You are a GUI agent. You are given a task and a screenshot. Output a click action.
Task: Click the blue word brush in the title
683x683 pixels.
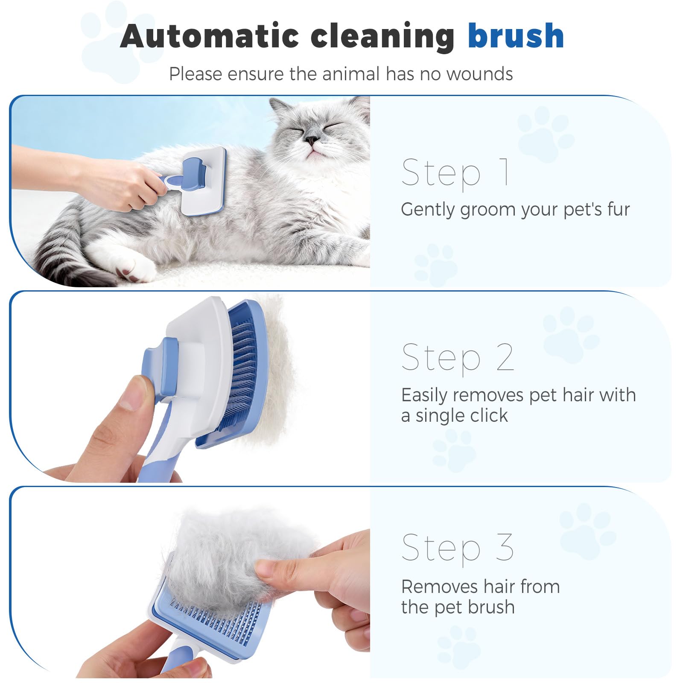click(x=516, y=36)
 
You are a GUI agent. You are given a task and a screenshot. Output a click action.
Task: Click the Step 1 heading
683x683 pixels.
click(x=455, y=172)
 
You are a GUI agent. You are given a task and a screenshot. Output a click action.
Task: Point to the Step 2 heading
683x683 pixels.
click(x=458, y=358)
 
